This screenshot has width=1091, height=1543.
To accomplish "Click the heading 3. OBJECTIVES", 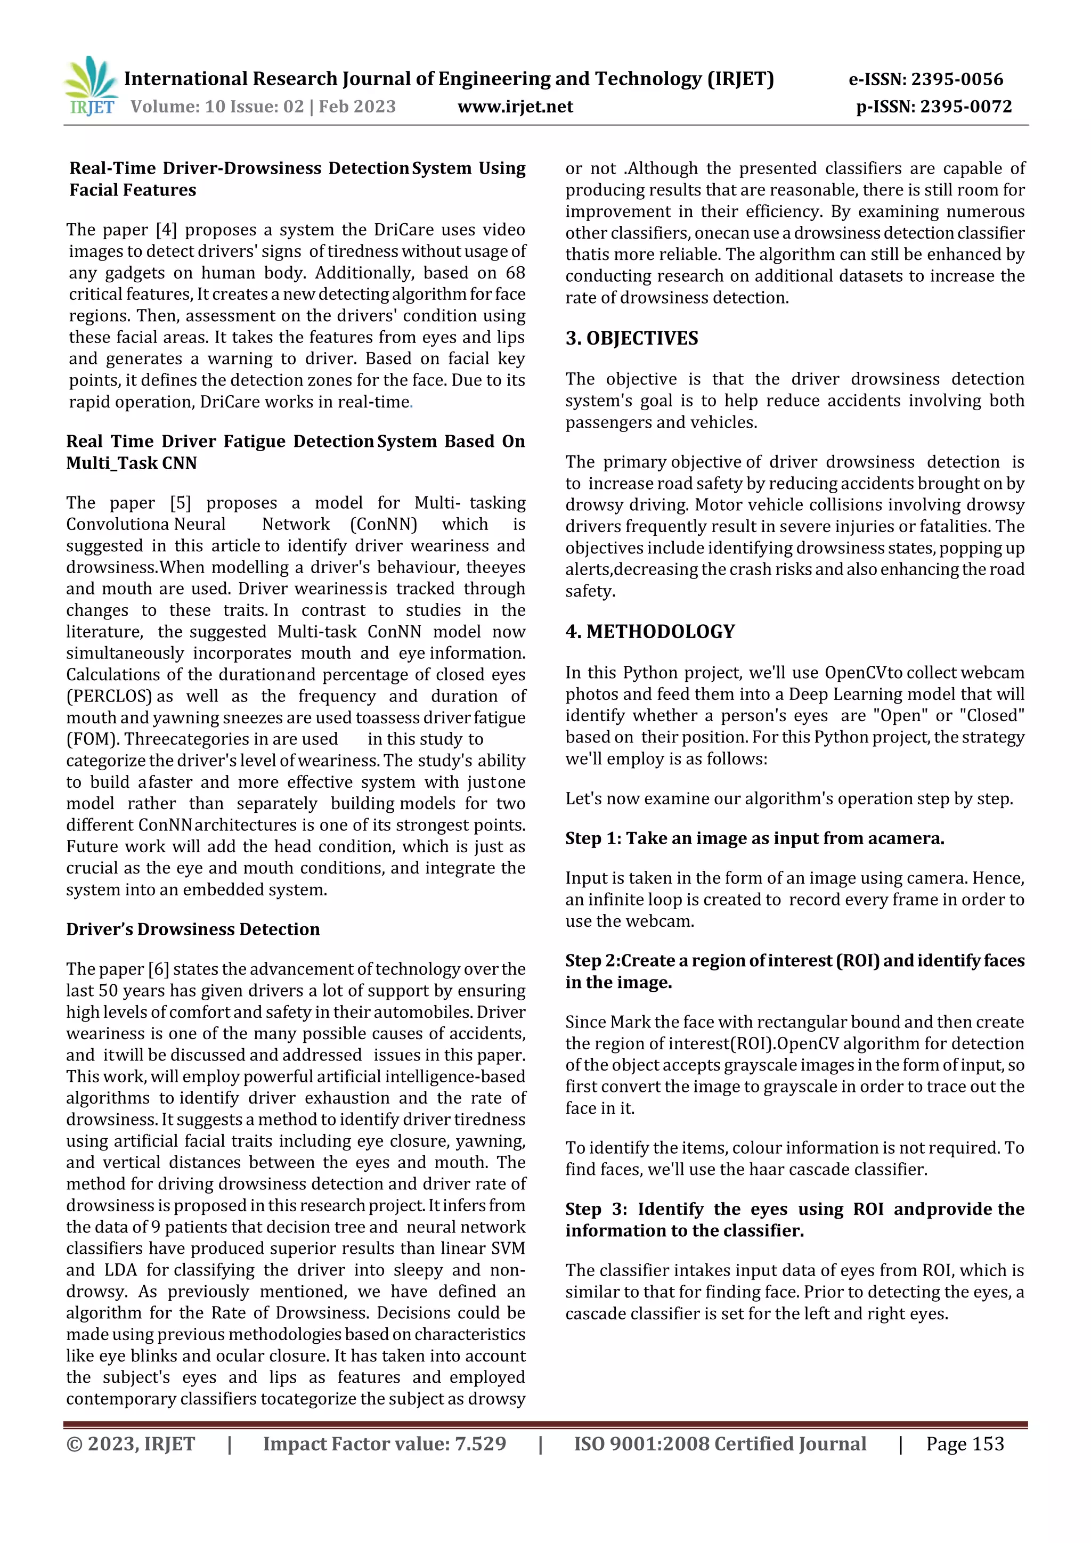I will (631, 338).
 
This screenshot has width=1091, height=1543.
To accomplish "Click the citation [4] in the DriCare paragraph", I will (166, 230).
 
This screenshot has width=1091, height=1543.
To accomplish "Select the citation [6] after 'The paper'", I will (159, 969).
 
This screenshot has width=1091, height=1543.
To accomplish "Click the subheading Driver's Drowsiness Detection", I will (193, 929).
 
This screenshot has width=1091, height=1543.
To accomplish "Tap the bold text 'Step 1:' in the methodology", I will (593, 839).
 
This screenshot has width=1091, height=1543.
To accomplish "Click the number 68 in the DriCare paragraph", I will (515, 273).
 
